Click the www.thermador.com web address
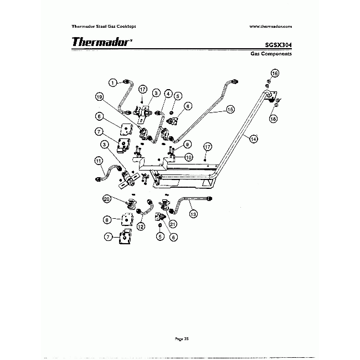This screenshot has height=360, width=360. tap(270, 26)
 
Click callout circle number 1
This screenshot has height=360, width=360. tap(112, 83)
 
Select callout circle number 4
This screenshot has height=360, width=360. tap(168, 94)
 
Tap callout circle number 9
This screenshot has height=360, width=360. tap(188, 144)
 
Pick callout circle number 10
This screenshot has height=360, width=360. tap(188, 157)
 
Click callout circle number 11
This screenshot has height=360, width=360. tap(99, 161)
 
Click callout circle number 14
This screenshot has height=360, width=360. tap(253, 139)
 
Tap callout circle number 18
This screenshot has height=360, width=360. tap(273, 119)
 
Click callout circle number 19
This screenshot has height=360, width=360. tap(100, 96)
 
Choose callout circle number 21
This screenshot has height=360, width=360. tap(173, 224)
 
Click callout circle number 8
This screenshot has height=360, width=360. tap(107, 219)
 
